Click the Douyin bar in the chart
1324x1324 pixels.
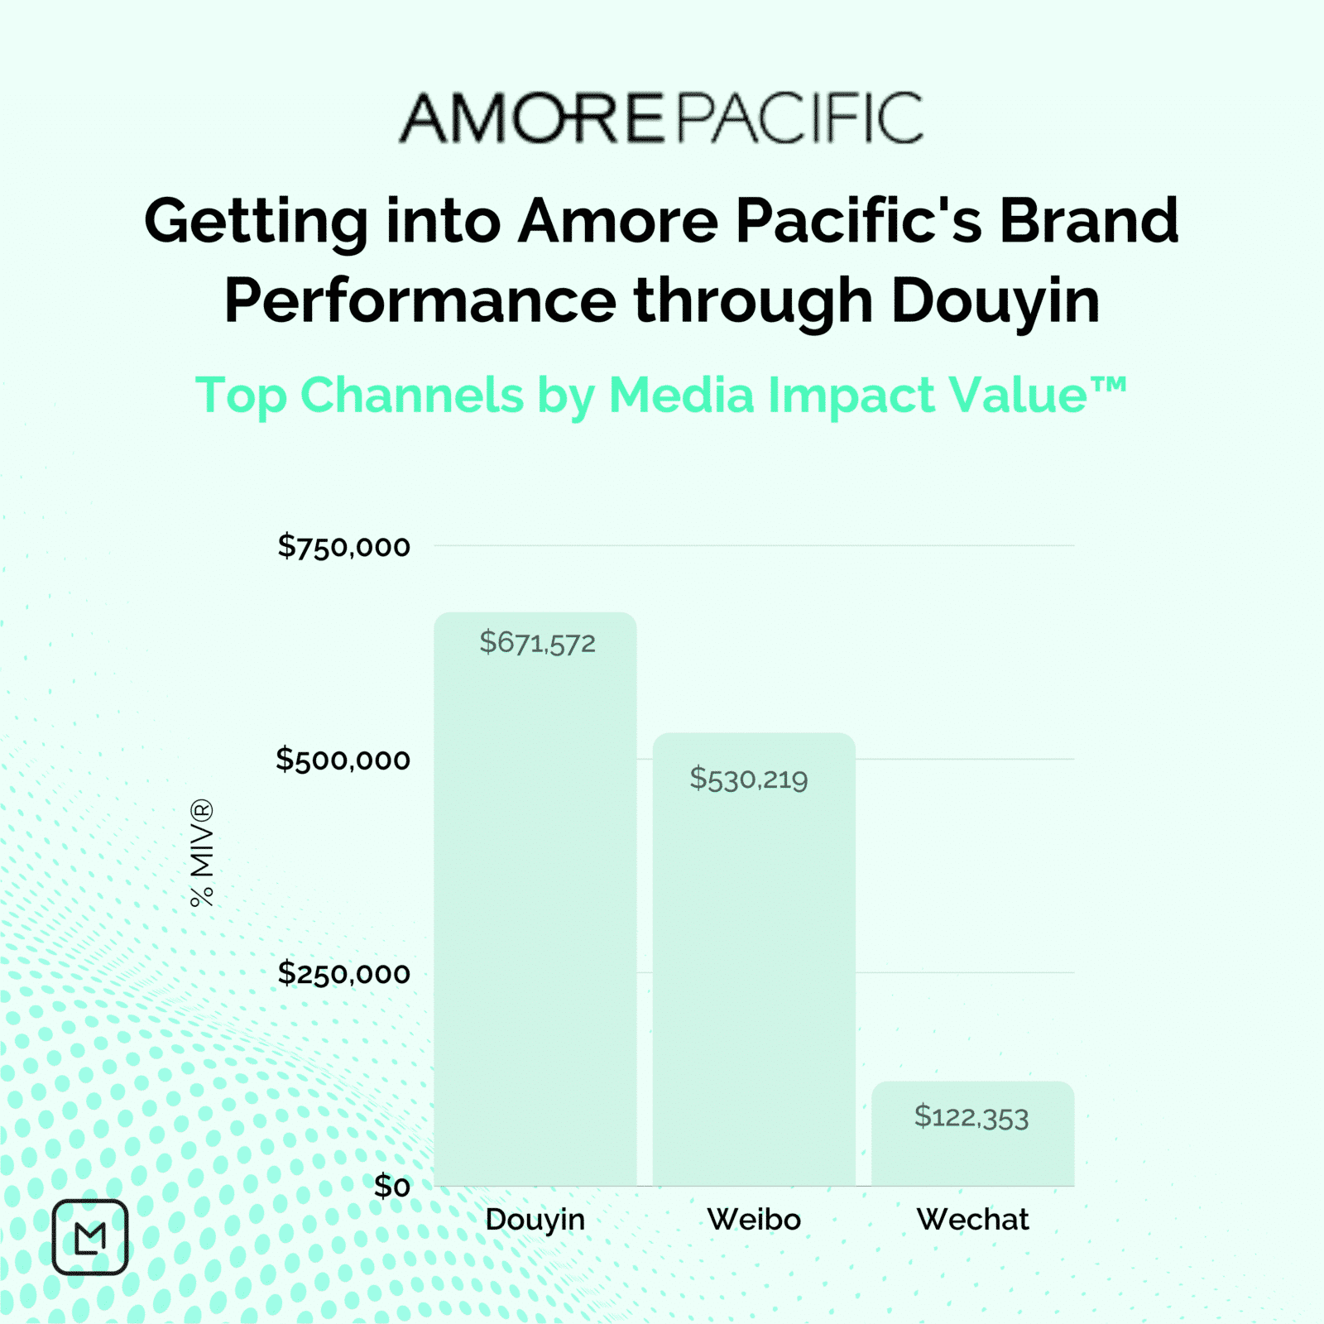[535, 899]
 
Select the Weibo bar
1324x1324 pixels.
[754, 959]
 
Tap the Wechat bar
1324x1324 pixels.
[972, 1134]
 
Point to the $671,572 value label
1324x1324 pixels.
[538, 643]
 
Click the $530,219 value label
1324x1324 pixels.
[749, 779]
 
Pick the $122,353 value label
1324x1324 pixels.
[971, 1117]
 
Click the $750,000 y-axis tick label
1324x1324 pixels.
[343, 546]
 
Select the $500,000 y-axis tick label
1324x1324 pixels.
[343, 760]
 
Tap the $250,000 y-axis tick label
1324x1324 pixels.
[343, 973]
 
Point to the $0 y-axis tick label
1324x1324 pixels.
[391, 1187]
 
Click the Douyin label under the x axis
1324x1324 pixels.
[535, 1220]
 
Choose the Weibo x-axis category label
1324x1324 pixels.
[754, 1220]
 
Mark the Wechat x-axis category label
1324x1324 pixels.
[972, 1220]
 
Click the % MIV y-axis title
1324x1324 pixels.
[202, 853]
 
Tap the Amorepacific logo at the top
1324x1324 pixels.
[661, 118]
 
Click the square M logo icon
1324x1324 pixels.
[90, 1237]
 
